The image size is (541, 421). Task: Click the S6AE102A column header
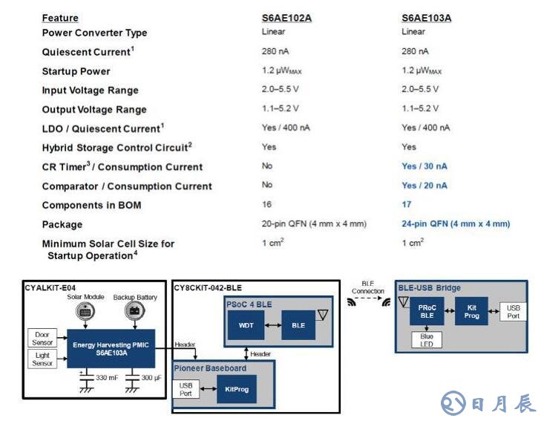(x=286, y=17)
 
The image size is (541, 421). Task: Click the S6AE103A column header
(x=427, y=17)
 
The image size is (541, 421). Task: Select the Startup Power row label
(x=76, y=71)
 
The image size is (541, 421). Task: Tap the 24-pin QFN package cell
(x=456, y=223)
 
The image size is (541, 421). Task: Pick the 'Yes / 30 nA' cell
(x=424, y=166)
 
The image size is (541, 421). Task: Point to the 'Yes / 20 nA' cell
(x=424, y=186)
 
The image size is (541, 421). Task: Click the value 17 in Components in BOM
(x=407, y=204)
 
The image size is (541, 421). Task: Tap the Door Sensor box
(x=42, y=339)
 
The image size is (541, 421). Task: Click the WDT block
(x=245, y=325)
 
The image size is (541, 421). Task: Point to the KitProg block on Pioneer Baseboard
(x=237, y=388)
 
